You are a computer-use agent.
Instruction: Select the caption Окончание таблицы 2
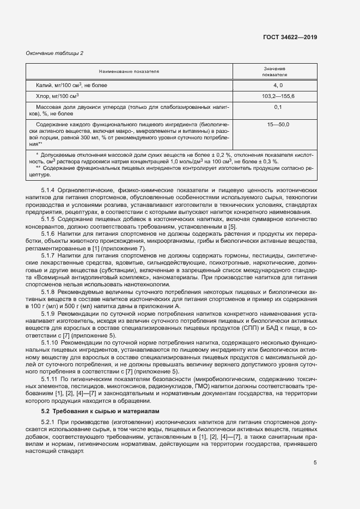click(54, 53)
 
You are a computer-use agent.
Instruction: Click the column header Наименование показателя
click(129, 71)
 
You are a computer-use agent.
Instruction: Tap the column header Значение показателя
click(275, 71)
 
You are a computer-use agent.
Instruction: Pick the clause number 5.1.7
click(48, 255)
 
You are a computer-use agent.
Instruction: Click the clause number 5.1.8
click(48, 292)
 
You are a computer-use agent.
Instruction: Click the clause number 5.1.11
click(50, 378)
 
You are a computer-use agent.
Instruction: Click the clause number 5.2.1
click(48, 422)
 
